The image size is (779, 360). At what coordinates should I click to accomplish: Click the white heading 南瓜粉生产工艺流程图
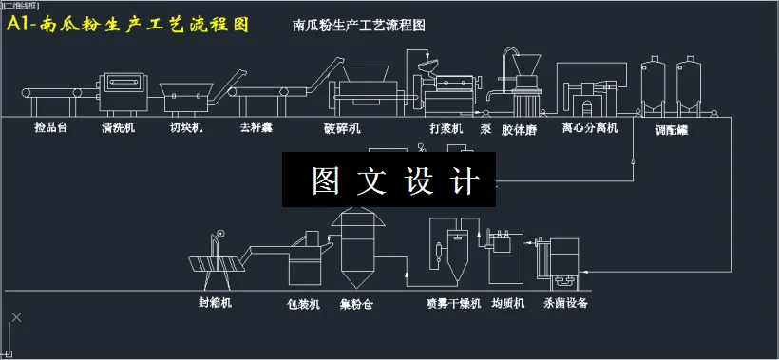click(360, 26)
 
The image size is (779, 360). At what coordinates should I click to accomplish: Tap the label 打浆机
click(446, 127)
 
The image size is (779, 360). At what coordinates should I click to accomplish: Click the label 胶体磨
click(520, 127)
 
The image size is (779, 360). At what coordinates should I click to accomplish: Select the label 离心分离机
click(589, 127)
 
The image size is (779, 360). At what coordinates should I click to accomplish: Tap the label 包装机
click(304, 304)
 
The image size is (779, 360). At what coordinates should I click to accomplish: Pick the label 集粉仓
click(355, 304)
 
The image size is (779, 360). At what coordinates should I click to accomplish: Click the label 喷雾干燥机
click(453, 304)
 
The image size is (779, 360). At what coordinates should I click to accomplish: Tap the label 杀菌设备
click(565, 304)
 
